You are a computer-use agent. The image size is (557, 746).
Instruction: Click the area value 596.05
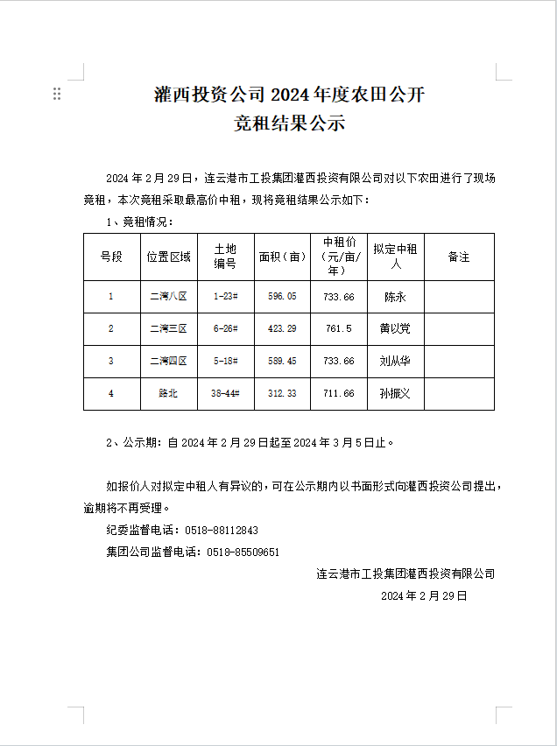(282, 297)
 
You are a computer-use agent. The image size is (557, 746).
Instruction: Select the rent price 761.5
(338, 329)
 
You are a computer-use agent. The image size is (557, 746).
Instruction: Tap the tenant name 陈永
(395, 297)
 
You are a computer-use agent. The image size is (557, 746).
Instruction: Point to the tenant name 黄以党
(395, 329)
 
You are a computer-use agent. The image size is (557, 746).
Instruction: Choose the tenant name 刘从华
(395, 361)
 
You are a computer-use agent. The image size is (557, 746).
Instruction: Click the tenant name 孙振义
(395, 394)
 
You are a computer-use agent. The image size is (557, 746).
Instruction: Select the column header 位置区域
(169, 257)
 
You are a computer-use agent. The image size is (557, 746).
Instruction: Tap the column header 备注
(459, 257)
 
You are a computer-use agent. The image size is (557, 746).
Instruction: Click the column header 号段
(111, 257)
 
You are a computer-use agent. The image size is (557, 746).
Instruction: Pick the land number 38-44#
(226, 394)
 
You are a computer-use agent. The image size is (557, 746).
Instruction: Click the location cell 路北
(168, 394)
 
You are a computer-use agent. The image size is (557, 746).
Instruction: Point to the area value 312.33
(282, 394)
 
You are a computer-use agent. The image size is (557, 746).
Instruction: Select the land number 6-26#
(226, 329)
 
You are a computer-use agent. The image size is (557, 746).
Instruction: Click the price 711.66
(338, 394)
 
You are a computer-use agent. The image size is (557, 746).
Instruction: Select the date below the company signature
(425, 595)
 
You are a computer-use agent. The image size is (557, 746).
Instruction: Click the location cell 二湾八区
(168, 297)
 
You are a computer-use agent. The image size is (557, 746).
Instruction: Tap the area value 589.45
(282, 361)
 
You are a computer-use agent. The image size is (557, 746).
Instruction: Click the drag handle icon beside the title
(57, 94)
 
